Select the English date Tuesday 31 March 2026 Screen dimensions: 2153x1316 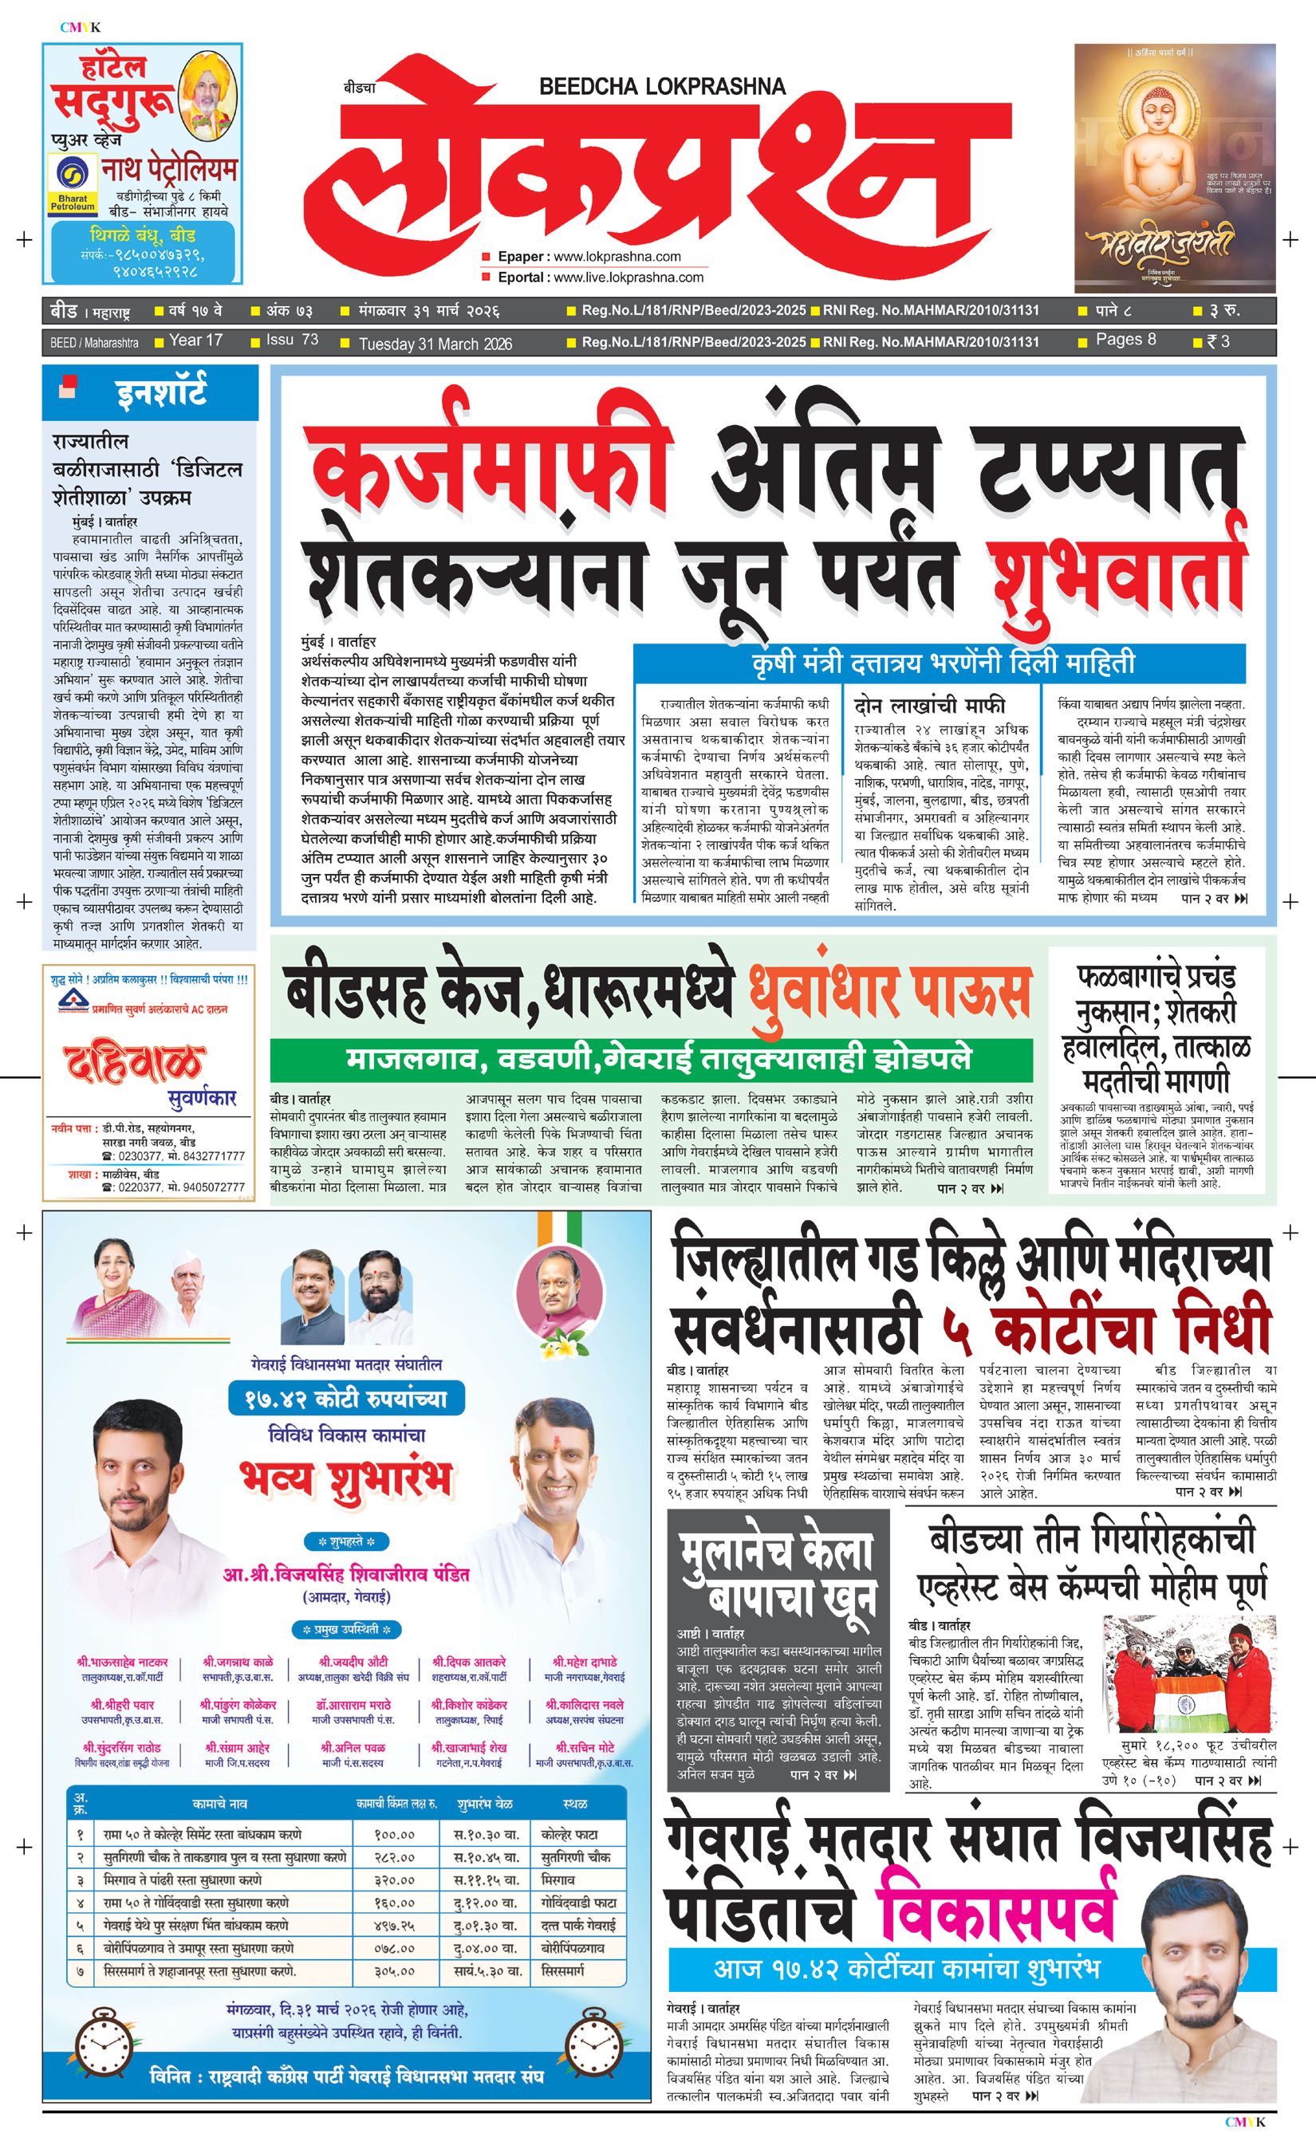tap(435, 344)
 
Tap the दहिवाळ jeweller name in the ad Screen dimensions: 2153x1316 tap(133, 1064)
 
